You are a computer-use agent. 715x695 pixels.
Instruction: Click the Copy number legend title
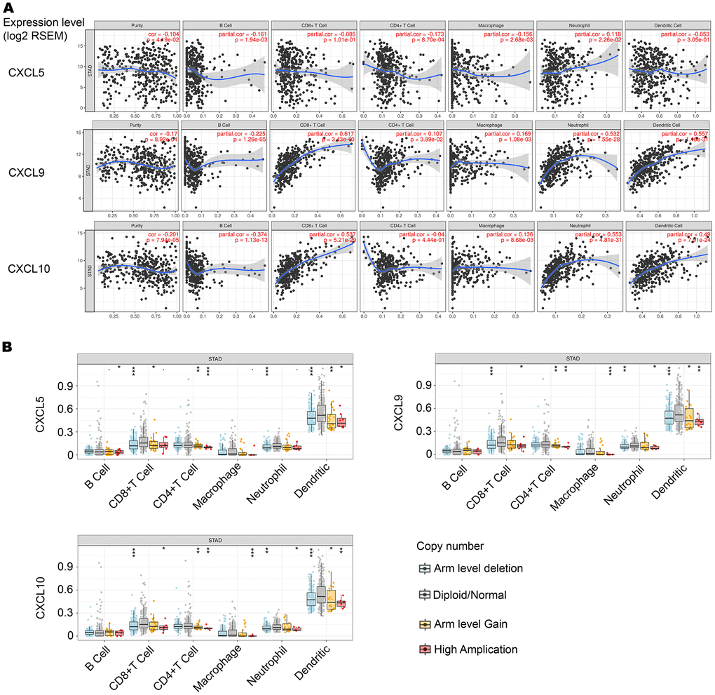tap(449, 545)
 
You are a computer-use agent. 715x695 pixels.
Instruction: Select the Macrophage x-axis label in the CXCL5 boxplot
tap(228, 489)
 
